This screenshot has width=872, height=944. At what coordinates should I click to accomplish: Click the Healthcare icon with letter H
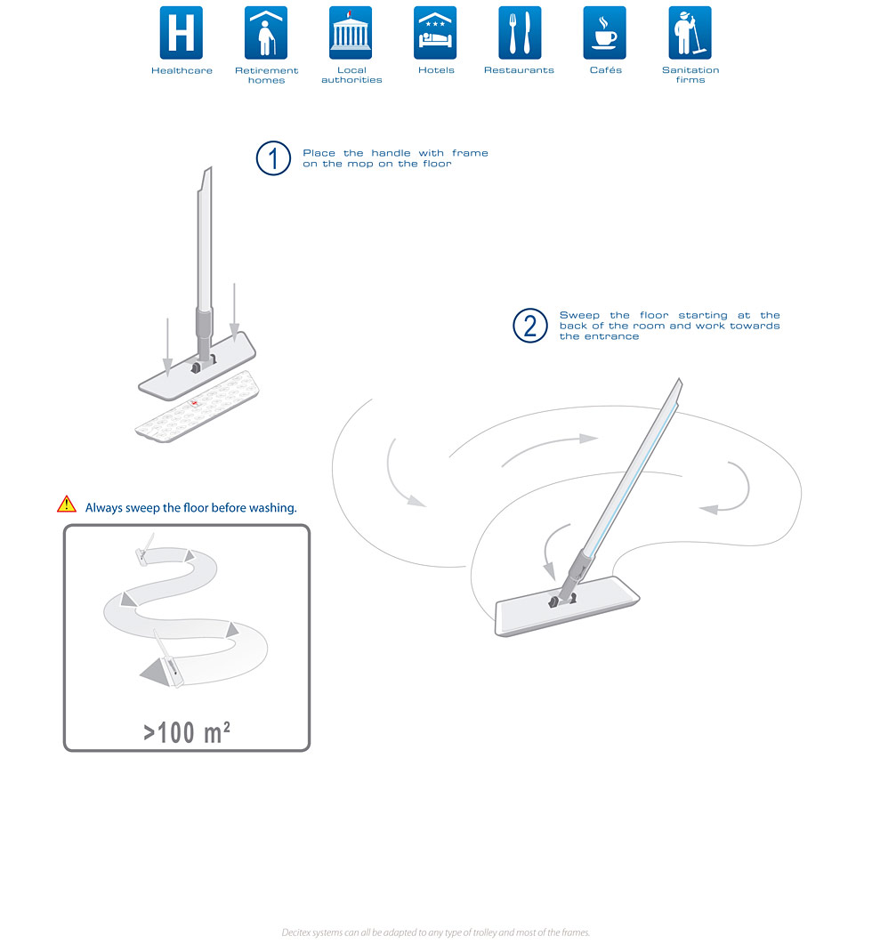(x=182, y=33)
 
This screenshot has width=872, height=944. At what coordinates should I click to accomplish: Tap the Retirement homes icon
(x=266, y=33)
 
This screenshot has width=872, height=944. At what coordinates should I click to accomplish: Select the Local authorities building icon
(x=351, y=33)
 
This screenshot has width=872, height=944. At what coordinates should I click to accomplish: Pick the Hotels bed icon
(x=435, y=33)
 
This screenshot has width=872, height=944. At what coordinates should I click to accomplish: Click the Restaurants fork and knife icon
(x=520, y=33)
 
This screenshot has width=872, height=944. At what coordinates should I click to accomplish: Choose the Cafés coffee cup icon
(x=605, y=33)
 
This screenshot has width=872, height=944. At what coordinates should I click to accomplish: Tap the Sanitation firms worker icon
(x=690, y=33)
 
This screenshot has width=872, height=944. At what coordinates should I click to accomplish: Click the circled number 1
(x=273, y=158)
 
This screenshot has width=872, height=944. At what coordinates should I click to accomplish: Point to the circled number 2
(x=530, y=326)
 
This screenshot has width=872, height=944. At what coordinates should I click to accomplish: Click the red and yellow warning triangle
(x=67, y=504)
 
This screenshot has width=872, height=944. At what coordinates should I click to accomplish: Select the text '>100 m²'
(x=187, y=732)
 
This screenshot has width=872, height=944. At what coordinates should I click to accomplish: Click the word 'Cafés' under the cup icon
(x=606, y=69)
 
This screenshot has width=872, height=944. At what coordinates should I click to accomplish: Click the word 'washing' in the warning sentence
(x=273, y=508)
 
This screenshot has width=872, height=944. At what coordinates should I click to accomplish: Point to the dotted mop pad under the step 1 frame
(x=198, y=407)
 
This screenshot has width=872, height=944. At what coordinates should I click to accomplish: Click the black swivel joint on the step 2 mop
(x=553, y=601)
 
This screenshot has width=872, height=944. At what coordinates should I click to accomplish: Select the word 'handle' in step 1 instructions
(x=391, y=153)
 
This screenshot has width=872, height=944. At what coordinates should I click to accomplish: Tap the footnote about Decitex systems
(x=436, y=932)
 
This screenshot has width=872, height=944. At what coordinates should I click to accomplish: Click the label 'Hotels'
(x=436, y=69)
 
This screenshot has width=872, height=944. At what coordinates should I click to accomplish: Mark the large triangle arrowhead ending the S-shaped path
(x=156, y=671)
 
